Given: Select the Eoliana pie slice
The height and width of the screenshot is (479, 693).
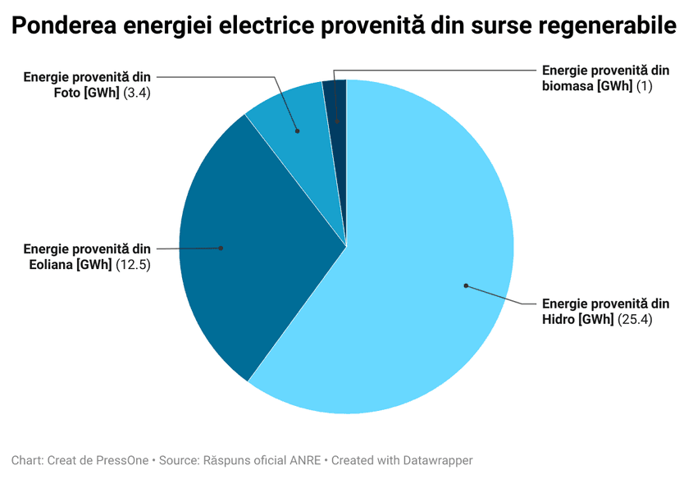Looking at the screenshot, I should pyautogui.click(x=246, y=246).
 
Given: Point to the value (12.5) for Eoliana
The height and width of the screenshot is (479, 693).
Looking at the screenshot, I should pyautogui.click(x=133, y=264).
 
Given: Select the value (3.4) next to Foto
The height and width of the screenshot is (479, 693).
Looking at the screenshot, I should pyautogui.click(x=136, y=93).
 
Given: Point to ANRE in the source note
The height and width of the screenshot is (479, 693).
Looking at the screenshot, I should pyautogui.click(x=304, y=461).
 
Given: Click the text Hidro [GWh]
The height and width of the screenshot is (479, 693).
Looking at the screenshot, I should pyautogui.click(x=577, y=320).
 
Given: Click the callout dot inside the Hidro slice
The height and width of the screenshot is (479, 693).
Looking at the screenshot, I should pyautogui.click(x=466, y=285).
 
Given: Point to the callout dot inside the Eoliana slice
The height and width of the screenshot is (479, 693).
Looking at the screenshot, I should pyautogui.click(x=220, y=248).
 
